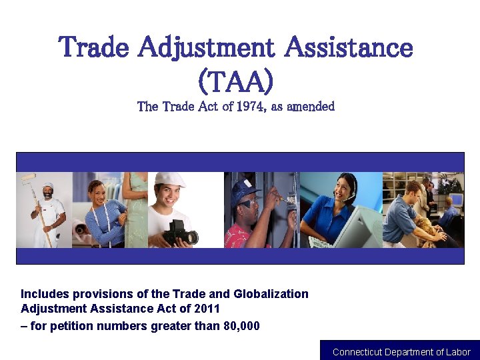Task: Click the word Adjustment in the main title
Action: tap(207, 48)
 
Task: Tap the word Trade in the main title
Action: tap(94, 48)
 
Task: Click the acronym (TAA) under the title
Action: tap(235, 81)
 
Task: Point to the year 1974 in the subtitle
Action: tap(244, 107)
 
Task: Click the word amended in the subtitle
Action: tap(311, 107)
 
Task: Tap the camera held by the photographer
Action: tap(181, 231)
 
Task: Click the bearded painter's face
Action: tap(48, 194)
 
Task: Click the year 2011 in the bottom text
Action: tap(207, 309)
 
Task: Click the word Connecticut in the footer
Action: tap(357, 352)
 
